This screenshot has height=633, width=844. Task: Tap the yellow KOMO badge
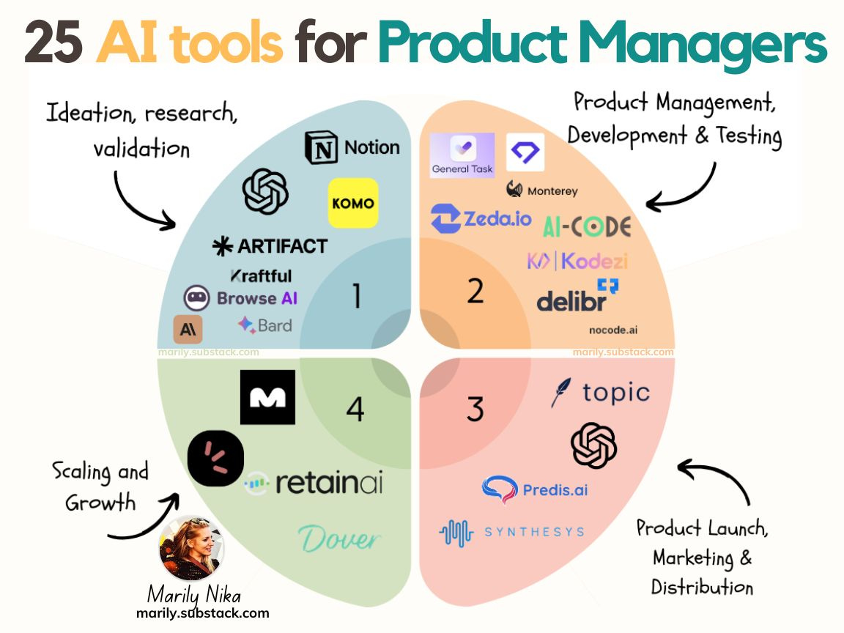coord(353,203)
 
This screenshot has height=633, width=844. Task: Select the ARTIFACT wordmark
coord(270,246)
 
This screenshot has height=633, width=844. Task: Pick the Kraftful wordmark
coord(261,276)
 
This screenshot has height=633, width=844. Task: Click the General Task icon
coord(462,155)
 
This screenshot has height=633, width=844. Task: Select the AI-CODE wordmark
coord(587,227)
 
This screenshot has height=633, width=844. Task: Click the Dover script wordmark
coord(340,539)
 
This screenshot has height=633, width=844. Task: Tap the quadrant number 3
coord(475,409)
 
